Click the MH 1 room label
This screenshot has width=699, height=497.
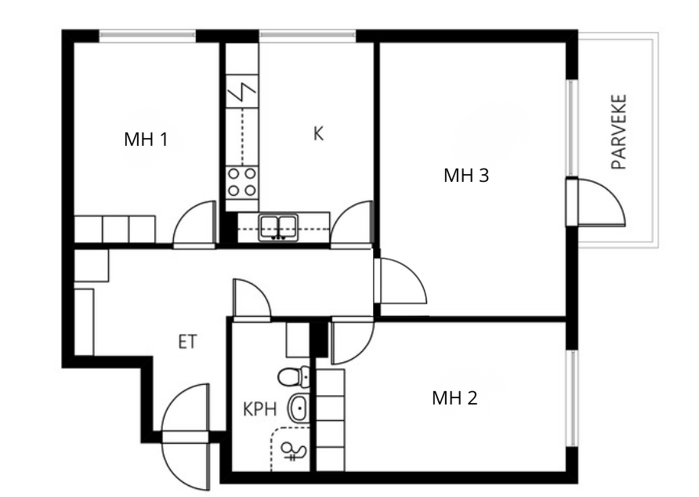coord(146,140)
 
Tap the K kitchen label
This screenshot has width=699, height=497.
coord(318,133)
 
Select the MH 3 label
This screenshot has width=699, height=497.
coord(465,176)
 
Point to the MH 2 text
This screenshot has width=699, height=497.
coord(455,397)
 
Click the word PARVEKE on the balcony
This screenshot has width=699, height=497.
coord(619,132)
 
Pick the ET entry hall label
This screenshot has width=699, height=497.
coord(187,342)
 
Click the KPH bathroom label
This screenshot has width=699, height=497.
coord(260,409)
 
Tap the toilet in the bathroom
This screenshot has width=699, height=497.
coord(294,377)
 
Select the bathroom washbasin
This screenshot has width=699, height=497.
coord(299,408)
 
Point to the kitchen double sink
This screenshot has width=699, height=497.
coord(279,227)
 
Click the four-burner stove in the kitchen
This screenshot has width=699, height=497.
coord(242,183)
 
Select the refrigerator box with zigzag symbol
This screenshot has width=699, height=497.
coord(242,91)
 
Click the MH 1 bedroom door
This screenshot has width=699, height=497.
coord(194,224)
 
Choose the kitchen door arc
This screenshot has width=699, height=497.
coord(351,224)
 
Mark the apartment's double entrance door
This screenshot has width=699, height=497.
coord(186,437)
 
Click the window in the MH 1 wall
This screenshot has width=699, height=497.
coord(147,36)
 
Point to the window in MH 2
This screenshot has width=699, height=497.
coord(572,398)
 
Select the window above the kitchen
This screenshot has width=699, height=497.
coord(308,36)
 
